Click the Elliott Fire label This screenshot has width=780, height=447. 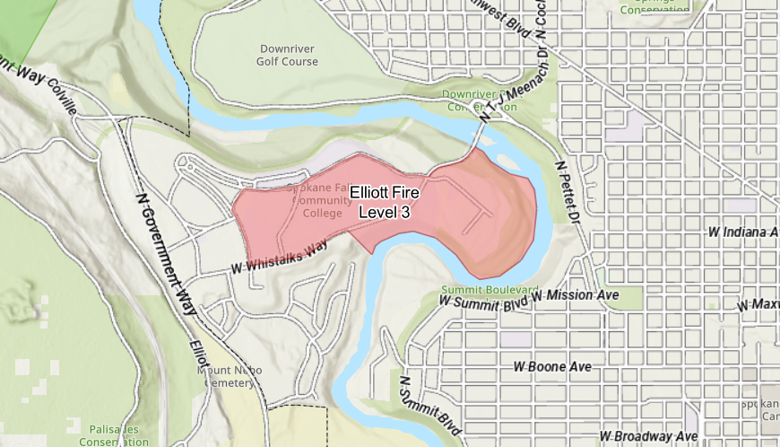[385, 192]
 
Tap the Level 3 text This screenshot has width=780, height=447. [385, 212]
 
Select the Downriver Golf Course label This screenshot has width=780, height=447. [289, 55]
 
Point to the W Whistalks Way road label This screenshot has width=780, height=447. [275, 259]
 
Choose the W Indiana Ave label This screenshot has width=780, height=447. [741, 232]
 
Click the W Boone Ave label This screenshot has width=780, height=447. [551, 367]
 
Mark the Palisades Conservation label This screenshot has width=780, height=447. [113, 435]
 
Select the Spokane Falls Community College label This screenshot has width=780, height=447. [316, 201]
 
